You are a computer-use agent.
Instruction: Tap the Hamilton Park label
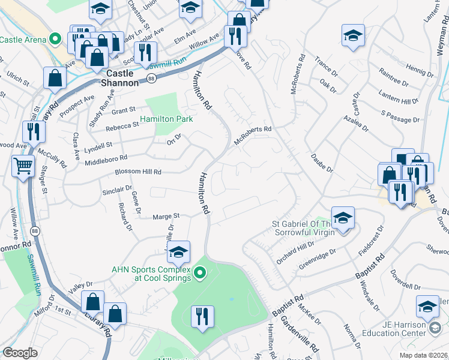[x=167, y=119]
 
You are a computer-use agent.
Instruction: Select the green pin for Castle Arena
[x=56, y=40]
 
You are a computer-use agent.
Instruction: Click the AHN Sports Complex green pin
[x=202, y=275]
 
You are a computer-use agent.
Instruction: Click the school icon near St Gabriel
[x=343, y=218]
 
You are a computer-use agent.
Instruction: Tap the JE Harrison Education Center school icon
[x=428, y=307]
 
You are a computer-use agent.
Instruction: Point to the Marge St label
[x=166, y=216]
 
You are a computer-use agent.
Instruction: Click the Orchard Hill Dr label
[x=295, y=254]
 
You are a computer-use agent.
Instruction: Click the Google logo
[x=20, y=353]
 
